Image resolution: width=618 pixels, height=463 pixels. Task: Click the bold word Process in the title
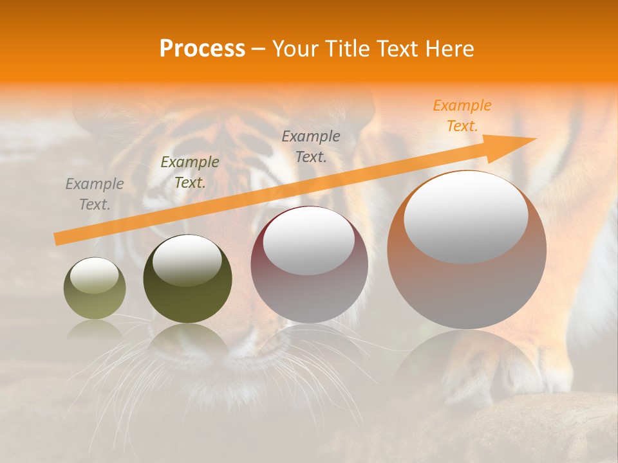[202, 49]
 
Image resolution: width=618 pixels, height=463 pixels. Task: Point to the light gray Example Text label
[95, 194]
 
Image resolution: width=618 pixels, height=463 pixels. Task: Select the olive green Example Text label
[190, 172]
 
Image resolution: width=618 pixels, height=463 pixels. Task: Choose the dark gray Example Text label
[311, 146]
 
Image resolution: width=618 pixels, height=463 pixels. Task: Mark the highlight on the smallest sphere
[95, 275]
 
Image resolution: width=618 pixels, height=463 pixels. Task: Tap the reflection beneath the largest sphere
[466, 360]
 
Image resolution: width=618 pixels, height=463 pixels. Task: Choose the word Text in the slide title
[395, 49]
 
